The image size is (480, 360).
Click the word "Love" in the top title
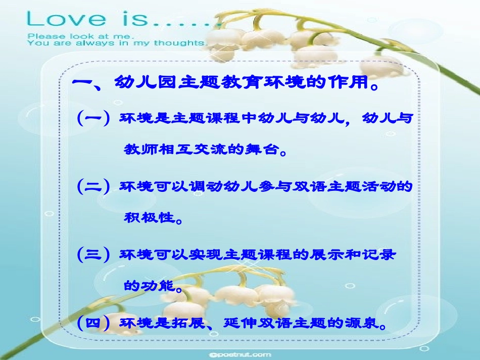(x=66, y=19)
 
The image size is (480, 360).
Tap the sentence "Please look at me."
(x=81, y=36)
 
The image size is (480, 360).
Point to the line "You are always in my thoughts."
(x=116, y=43)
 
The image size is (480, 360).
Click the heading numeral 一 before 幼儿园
(x=83, y=82)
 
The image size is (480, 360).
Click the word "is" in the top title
(x=132, y=19)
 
